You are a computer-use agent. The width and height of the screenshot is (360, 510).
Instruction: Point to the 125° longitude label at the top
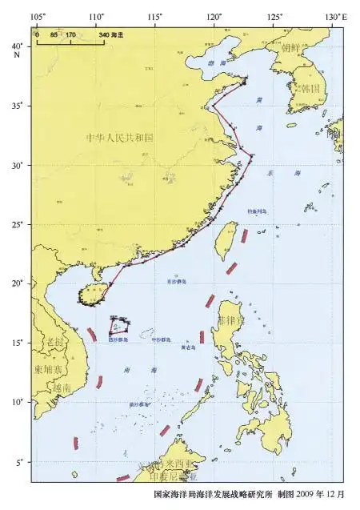[x=275, y=17]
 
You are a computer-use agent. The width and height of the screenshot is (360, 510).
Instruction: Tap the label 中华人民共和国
[x=120, y=138]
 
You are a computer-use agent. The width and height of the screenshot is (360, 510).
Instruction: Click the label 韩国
[x=307, y=88]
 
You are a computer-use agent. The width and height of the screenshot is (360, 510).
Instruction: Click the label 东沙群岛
[x=176, y=282]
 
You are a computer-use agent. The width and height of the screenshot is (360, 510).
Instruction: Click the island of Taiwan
[x=226, y=240]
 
